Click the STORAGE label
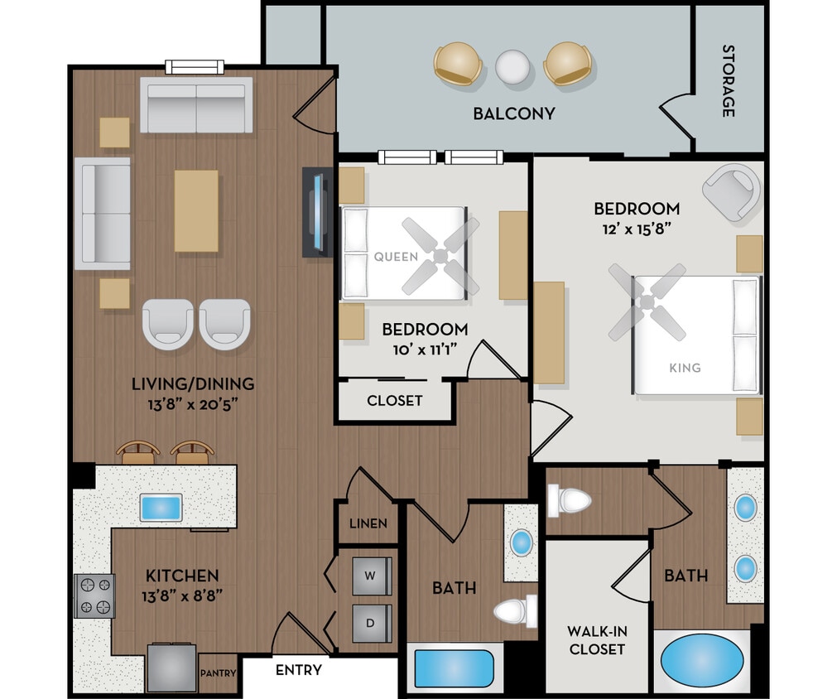tap(728, 80)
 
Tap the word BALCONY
tap(513, 113)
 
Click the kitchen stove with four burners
tap(94, 596)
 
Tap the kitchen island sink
tap(161, 507)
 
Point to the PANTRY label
tap(219, 673)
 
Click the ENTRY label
tap(298, 669)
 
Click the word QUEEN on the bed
tap(396, 257)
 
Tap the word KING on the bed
tap(685, 368)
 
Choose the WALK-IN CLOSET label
tap(596, 640)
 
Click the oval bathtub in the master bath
tap(702, 660)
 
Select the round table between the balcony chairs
tap(512, 66)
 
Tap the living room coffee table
tap(196, 210)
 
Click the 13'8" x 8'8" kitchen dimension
tap(182, 594)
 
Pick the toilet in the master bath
tap(570, 500)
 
